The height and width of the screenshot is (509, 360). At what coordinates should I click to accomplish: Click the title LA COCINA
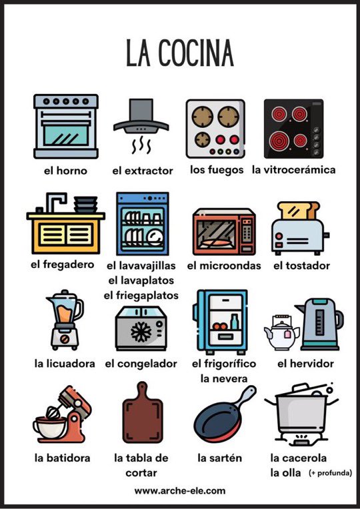pos(180,53)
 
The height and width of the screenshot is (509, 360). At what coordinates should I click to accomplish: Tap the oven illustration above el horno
pos(65,127)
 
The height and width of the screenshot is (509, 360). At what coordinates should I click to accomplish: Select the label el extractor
pos(142,171)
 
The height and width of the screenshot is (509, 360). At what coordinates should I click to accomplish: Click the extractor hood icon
pos(141,126)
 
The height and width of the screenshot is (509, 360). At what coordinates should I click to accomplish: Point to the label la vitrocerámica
pos(294,170)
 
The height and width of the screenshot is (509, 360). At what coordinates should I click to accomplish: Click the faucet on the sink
pos(55,202)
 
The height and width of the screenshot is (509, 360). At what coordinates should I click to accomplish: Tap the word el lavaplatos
pos(141,280)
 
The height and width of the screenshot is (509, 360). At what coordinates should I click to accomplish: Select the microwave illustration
pos(224,231)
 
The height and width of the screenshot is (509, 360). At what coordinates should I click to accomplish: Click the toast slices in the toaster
pos(299,211)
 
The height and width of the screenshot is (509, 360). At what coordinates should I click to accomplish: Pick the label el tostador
pos(301,266)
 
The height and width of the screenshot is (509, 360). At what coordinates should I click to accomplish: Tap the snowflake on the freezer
pos(141,331)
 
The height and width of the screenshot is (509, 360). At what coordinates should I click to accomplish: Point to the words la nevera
pos(224,378)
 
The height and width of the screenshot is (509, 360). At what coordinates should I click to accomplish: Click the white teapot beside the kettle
pos(281,332)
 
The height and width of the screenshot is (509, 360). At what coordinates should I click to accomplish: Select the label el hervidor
pos(305,364)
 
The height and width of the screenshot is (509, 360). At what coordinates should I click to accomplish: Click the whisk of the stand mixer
pos(53,412)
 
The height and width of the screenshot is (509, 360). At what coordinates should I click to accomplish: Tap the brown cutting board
pos(142,412)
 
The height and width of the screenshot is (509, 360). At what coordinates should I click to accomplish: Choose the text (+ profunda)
pos(330,473)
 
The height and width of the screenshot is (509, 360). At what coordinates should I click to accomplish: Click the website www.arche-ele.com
pos(180,490)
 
